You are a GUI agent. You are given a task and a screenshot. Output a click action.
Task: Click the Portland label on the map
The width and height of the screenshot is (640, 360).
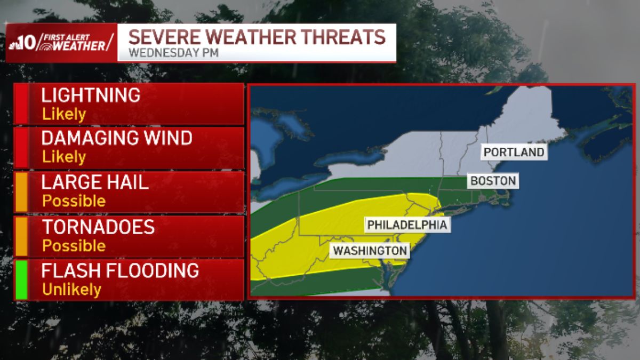coord(514,152)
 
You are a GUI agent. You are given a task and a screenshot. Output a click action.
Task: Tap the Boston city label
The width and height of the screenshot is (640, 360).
coord(493,181)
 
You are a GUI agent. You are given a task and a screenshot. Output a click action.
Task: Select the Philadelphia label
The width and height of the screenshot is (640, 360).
coord(406,225)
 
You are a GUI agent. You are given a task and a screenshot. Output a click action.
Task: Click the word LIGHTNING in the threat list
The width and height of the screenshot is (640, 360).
coord(91,95)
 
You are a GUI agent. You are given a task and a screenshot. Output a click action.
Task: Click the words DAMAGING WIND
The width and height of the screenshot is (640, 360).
coord(117,138)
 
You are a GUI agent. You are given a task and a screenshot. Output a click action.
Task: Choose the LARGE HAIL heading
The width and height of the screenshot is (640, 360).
coord(95,183)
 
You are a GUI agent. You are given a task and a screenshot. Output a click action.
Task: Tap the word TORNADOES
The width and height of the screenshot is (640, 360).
coord(98,227)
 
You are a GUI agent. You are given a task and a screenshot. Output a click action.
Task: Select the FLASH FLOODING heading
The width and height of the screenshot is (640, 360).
coord(120,271)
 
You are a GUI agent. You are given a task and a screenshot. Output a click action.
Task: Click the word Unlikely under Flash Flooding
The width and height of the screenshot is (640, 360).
coord(71,290)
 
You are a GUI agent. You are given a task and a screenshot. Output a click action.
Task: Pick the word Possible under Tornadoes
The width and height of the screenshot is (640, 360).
coord(74,245)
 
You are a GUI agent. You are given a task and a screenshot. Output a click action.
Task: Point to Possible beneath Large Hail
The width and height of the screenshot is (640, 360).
coord(74,201)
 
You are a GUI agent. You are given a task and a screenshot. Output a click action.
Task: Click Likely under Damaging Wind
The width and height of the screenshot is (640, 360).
coord(64,157)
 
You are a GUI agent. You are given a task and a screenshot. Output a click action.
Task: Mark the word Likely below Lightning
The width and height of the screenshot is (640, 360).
coord(64,114)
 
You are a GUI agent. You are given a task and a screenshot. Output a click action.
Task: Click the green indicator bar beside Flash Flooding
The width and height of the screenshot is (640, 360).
coord(21,279)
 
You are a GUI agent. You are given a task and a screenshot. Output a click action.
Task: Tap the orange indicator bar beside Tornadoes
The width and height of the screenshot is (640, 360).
coord(21,235)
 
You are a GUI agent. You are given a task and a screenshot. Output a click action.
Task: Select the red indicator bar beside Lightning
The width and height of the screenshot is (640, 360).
coord(21,104)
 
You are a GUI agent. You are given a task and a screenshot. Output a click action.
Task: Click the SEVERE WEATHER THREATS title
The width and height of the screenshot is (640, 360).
coord(257,37)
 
